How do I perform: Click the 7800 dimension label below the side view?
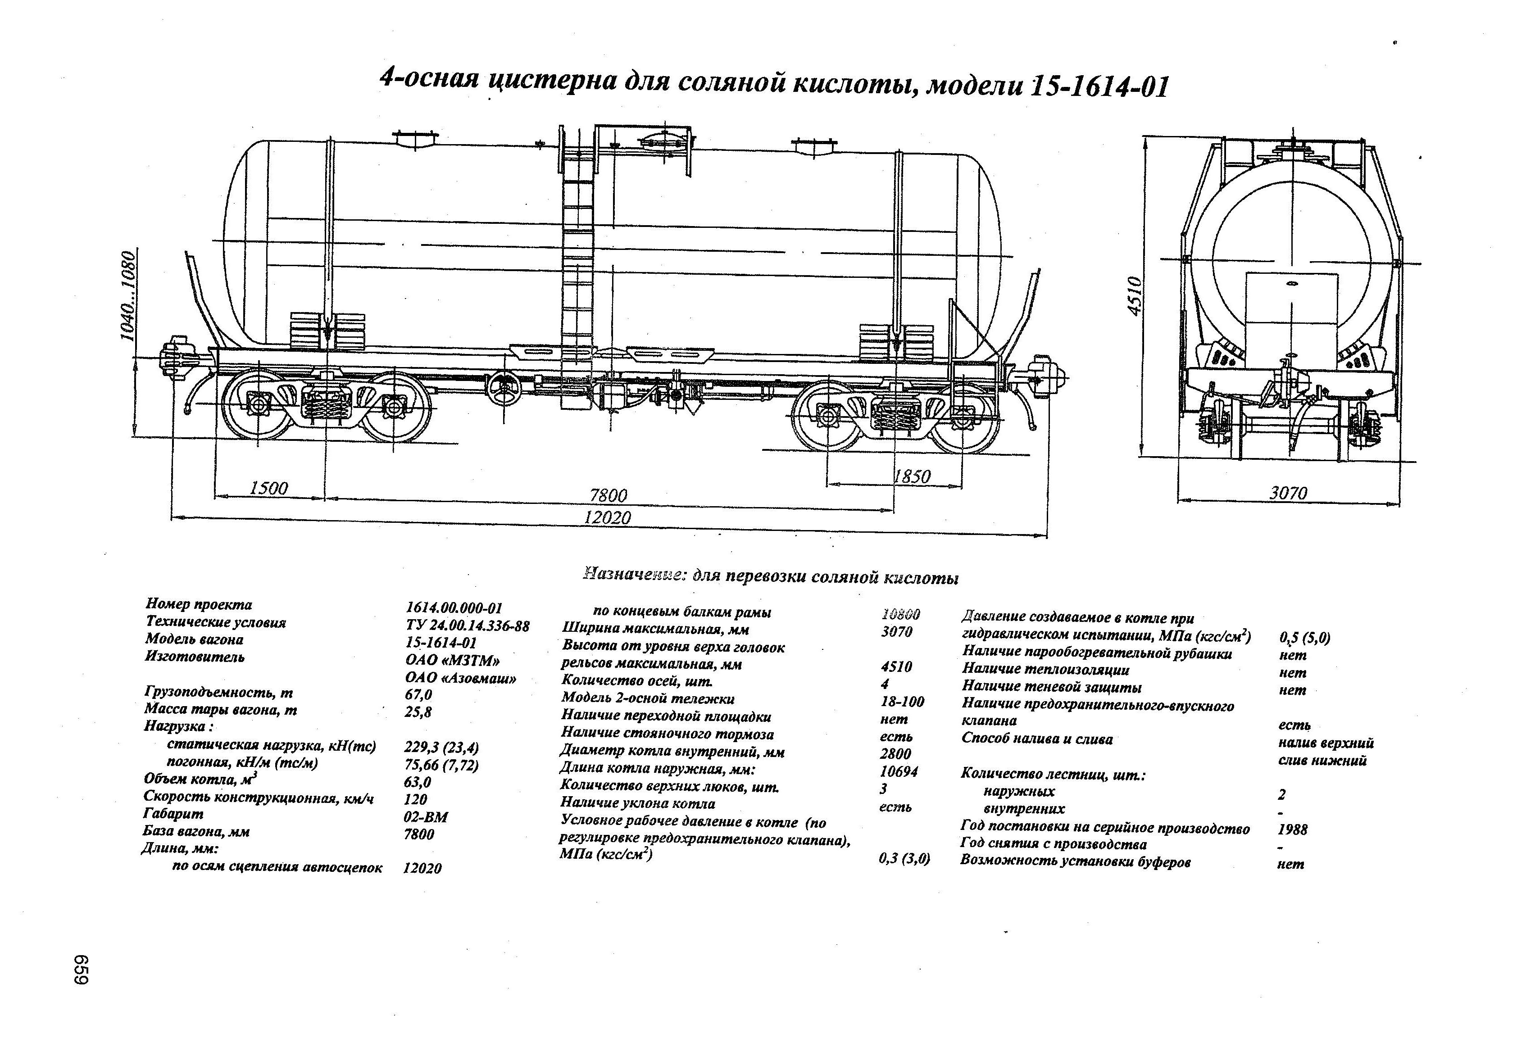coord(608,495)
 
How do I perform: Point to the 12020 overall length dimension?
coord(607,518)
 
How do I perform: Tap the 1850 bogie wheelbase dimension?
coord(912,476)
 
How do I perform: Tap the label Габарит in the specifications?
coord(173,814)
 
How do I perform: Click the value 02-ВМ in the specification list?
coord(426,817)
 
